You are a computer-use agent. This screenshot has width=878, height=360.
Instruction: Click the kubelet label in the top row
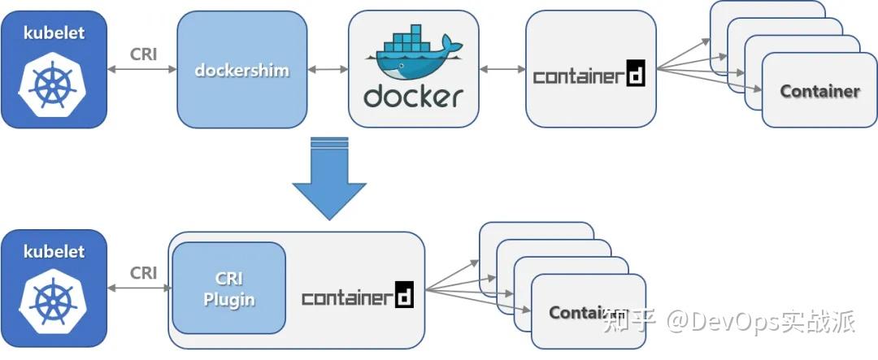(54, 33)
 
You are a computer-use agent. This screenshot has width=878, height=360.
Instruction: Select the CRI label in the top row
(143, 54)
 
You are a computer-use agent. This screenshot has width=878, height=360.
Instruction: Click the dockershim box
(242, 70)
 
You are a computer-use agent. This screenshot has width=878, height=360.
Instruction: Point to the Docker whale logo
(411, 54)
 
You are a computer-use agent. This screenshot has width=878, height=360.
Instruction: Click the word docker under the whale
(413, 97)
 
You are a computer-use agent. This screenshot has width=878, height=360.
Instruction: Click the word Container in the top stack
(819, 91)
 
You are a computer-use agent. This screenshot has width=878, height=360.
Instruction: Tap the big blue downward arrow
(329, 179)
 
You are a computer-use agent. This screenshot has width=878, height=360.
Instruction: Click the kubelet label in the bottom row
(54, 251)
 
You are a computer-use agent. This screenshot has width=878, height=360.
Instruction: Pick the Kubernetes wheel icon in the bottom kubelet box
(54, 303)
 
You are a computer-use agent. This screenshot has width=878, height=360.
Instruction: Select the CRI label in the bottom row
(143, 273)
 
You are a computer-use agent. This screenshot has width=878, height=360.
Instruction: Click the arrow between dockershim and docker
(328, 70)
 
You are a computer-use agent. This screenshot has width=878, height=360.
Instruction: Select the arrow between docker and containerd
(502, 70)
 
